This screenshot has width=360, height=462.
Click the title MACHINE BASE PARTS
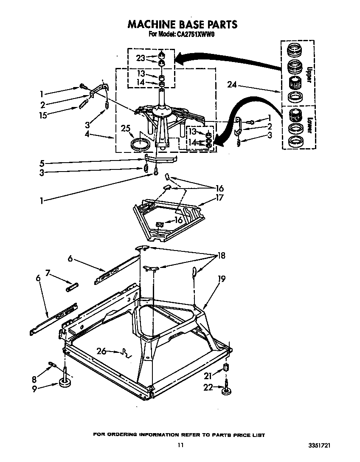[182, 24]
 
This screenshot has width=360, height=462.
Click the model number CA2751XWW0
[196, 35]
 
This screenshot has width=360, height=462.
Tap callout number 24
[231, 85]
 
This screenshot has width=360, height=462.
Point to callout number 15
[42, 114]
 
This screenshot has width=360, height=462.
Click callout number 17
[219, 197]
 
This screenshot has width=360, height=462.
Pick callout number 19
[221, 279]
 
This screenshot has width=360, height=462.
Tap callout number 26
[101, 351]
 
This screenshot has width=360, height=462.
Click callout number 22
[208, 387]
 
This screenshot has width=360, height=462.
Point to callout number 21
[208, 375]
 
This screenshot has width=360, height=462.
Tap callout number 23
[141, 59]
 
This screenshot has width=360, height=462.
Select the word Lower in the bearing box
[310, 125]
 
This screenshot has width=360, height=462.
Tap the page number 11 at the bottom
[180, 445]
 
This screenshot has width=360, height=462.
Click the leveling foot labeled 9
[65, 383]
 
